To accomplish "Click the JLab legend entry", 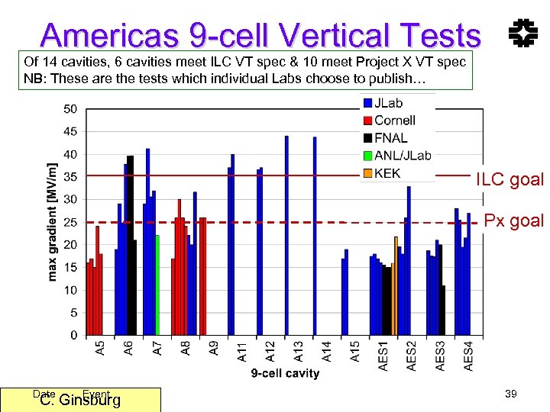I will (x=388, y=103).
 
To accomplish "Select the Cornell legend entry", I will (x=394, y=121).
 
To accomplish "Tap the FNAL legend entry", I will (x=390, y=138).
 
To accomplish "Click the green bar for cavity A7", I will (x=157, y=285).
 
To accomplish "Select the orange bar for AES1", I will (x=396, y=286).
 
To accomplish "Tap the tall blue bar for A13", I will (x=286, y=236).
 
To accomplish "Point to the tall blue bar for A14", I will (x=315, y=237).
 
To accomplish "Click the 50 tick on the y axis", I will (x=70, y=109).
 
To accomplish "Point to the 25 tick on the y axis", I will (x=70, y=222).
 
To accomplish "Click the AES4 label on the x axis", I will (x=468, y=356).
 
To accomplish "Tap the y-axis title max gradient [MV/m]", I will (x=53, y=221).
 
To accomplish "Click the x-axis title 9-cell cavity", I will (x=285, y=373).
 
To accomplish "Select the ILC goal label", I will (x=510, y=180).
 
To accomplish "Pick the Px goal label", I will (x=514, y=221).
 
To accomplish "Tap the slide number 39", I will (x=511, y=393).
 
